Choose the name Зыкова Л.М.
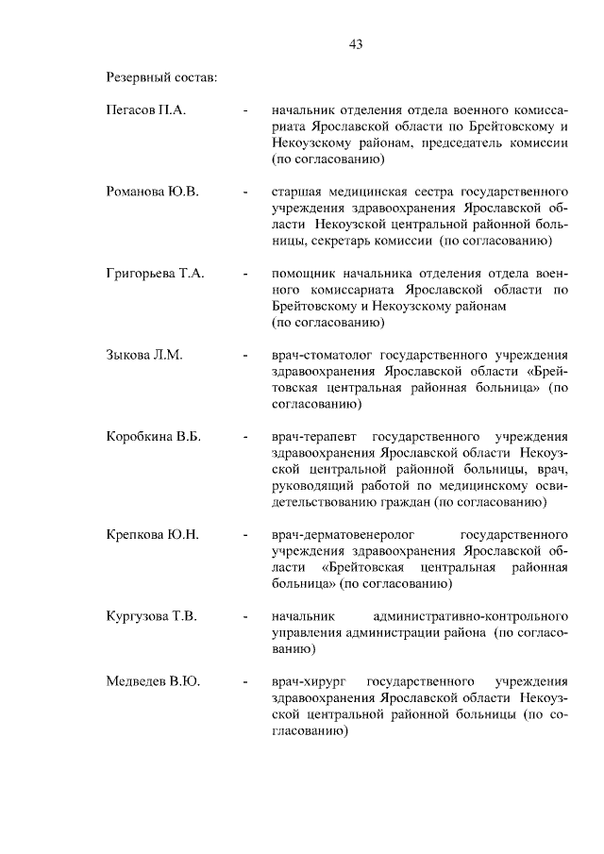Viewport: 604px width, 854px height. pos(143,355)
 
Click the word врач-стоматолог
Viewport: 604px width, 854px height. pos(320,355)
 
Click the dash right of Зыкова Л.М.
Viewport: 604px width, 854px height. pos(245,356)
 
